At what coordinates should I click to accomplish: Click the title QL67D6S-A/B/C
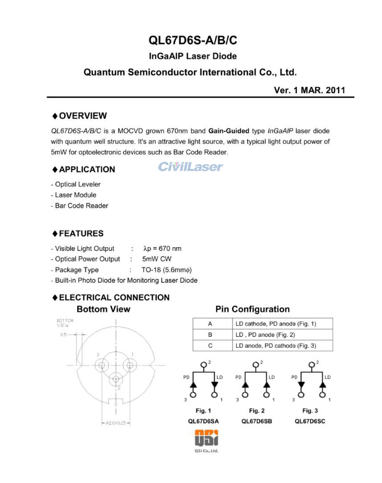tap(193, 41)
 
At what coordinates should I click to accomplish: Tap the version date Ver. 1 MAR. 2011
tap(309, 90)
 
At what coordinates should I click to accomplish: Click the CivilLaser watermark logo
tap(190, 167)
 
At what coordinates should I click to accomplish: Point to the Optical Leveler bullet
tap(76, 184)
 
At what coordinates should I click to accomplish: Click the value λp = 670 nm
tap(162, 249)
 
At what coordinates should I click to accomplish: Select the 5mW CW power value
tap(157, 259)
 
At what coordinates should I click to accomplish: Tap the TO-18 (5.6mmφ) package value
tap(163, 270)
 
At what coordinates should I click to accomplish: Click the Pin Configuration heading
tap(252, 309)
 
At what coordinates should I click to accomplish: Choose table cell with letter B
tap(210, 334)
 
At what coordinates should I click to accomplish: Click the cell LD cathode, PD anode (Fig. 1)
tap(276, 324)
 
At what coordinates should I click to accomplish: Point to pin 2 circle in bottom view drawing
tap(116, 379)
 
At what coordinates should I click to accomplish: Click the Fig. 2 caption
tap(257, 411)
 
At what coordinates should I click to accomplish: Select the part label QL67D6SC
tap(310, 421)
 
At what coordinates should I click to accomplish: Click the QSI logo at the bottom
tap(206, 439)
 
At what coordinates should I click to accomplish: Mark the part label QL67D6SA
tap(203, 421)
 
